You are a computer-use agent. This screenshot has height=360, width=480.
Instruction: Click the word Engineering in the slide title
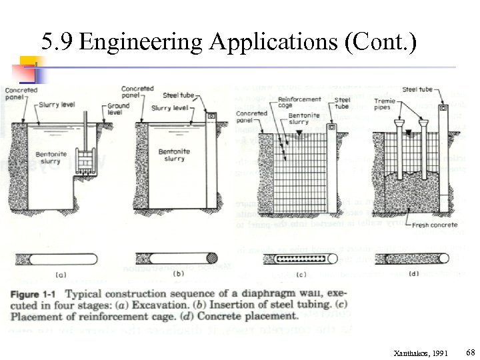pyautogui.click(x=140, y=43)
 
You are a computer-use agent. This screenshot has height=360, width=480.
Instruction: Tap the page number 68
pyautogui.click(x=470, y=351)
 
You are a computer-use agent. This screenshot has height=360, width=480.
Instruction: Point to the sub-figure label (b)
pyautogui.click(x=178, y=274)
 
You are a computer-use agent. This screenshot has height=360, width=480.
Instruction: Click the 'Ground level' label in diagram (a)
pyautogui.click(x=118, y=109)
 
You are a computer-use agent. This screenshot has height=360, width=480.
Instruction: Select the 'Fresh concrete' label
pyautogui.click(x=434, y=225)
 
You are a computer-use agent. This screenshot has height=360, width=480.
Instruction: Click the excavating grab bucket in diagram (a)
pyautogui.click(x=85, y=164)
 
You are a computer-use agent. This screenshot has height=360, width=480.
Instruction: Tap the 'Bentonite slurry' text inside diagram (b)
pyautogui.click(x=171, y=155)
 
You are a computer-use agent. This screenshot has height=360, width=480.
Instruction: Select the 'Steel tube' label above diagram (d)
pyautogui.click(x=417, y=89)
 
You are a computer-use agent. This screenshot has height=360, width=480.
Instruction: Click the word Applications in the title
pyautogui.click(x=275, y=43)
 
